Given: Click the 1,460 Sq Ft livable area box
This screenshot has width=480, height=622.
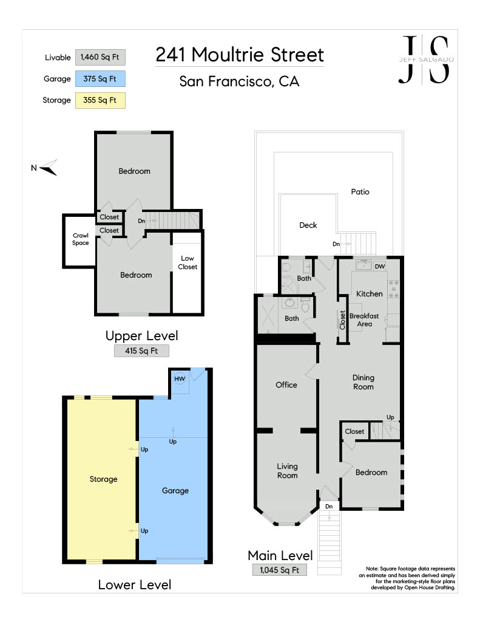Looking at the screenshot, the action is coord(100,57).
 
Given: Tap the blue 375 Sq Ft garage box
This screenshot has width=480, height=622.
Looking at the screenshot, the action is coord(100,78).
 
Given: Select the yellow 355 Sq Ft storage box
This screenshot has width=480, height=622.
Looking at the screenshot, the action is coord(100,100).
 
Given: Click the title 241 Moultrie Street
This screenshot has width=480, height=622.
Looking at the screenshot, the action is coord(240,55).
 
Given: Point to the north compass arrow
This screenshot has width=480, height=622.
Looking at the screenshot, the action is coord(49,168).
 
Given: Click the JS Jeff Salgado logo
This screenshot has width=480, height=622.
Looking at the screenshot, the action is coord(426,60).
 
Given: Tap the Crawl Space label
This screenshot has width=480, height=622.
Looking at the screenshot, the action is coord(81,239).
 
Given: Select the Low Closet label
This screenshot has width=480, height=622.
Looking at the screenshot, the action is coord(188,262).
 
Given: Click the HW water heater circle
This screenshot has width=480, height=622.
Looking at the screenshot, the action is coord(180,379).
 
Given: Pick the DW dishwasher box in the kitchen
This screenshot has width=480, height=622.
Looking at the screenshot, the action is coord(380,267).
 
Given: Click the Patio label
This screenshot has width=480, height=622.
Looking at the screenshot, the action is coord(360,192).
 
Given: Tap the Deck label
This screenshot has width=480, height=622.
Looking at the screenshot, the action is coord(308,225).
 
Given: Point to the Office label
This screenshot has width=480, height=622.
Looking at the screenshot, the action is coord(286,384).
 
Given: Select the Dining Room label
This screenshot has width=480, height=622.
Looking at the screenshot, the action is coord(363,382).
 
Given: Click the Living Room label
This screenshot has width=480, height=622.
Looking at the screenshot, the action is coord(288,471).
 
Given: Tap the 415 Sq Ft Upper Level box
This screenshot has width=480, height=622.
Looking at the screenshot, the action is coord(141,350).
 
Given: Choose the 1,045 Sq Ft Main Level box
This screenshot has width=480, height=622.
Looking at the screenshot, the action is coord(279,570).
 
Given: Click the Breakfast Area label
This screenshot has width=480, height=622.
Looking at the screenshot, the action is coord(364,320).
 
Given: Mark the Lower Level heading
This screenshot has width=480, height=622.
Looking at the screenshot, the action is coord(135,585).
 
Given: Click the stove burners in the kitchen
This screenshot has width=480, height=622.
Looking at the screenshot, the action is coord(394,289).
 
